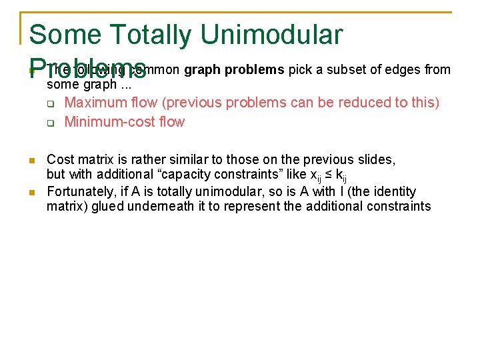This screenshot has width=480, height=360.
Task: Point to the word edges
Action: [x=403, y=70]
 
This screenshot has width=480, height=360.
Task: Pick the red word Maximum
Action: [x=95, y=103]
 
